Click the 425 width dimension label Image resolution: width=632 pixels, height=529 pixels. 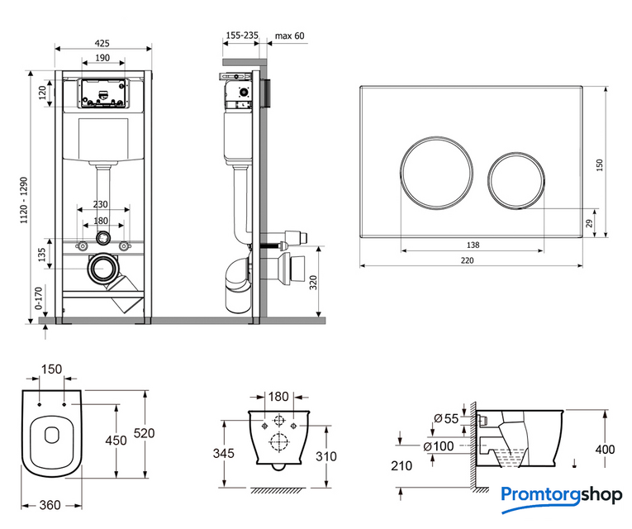coord(102,43)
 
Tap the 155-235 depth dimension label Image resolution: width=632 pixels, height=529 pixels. coord(241,36)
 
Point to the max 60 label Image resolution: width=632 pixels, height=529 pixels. coord(289,36)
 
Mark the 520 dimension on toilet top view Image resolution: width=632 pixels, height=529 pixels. coord(145,433)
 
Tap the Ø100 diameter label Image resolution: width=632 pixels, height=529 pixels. coord(444,447)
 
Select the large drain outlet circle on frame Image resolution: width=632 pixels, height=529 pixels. coord(104,268)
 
